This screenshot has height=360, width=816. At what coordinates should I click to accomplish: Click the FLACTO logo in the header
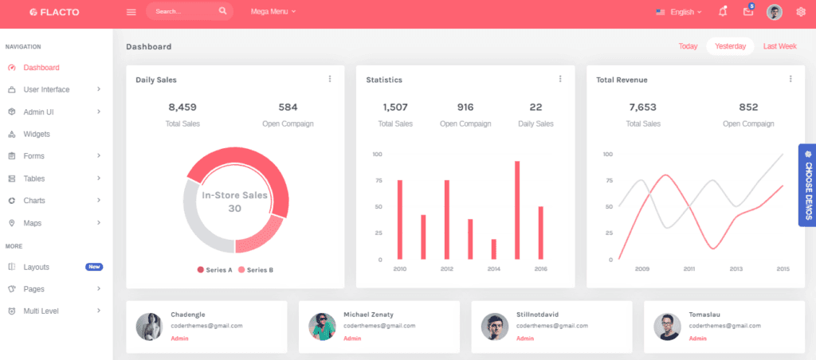pos(54,12)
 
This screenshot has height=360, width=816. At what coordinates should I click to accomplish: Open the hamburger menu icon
pos(131,12)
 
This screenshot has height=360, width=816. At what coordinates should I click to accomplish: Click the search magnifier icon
pos(222,11)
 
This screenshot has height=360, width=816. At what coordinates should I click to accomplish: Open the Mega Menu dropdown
pos(273,12)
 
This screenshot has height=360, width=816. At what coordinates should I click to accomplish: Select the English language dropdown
pos(678,12)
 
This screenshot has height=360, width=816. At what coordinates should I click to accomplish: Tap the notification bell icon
pos(723,12)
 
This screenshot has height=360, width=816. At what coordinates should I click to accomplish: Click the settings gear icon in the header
pos(801,12)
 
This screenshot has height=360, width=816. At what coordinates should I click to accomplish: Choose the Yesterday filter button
pos(730,46)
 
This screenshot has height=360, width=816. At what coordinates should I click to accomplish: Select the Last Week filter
pos(779,46)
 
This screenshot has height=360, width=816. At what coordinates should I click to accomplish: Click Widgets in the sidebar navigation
pos(37,134)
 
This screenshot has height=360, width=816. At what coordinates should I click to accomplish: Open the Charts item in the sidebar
pos(34,200)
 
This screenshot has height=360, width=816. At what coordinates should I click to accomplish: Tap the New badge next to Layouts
pos(94,267)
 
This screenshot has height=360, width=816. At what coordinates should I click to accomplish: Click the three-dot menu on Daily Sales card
pos(330,79)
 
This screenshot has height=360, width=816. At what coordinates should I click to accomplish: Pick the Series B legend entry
pos(256,270)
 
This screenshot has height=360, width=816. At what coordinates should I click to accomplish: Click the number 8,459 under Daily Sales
pos(182,107)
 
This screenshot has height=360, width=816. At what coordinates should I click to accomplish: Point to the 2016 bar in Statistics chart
pos(541,233)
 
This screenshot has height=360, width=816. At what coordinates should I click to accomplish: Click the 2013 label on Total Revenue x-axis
pos(736,269)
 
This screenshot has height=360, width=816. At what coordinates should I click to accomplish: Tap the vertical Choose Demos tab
pos(807,185)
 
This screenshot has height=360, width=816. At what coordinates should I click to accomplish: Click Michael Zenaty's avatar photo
pos(322,327)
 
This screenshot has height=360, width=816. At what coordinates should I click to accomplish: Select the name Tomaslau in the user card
pos(704,315)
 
